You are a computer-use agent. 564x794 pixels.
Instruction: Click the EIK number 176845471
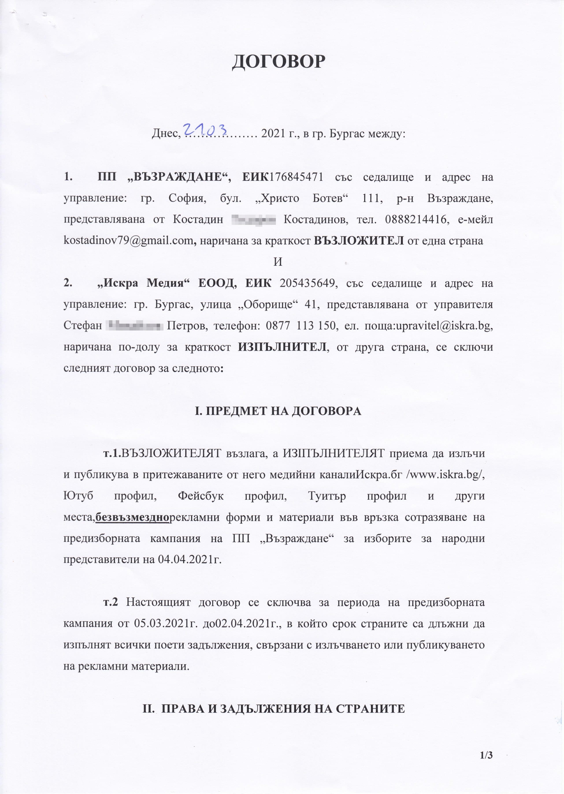296,177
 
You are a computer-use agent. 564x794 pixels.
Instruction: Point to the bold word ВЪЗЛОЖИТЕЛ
358,241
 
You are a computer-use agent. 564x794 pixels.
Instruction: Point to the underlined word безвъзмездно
132,517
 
